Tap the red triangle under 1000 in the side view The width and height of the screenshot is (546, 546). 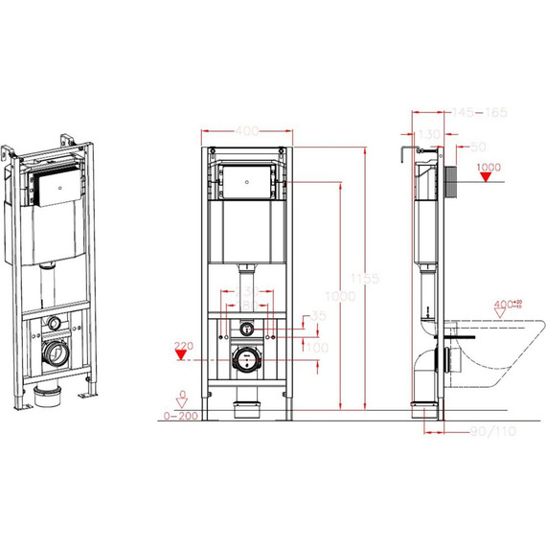[488, 180]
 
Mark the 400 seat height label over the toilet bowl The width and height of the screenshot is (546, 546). [504, 305]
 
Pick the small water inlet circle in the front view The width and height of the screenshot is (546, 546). [247, 326]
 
